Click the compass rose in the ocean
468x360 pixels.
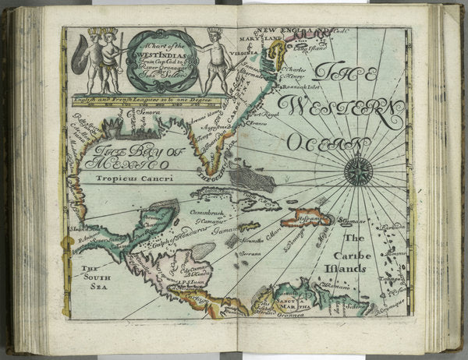click(x=358, y=171)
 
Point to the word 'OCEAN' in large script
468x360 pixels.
click(x=328, y=143)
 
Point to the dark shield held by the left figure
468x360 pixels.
click(x=80, y=62)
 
